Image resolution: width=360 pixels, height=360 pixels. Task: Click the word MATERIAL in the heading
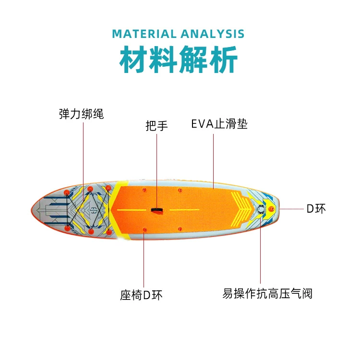pos(144,34)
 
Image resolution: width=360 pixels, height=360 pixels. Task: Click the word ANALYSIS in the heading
pos(212,34)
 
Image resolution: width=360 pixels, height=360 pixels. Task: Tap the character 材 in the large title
pos(134,59)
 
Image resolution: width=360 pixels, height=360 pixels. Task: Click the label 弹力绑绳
pos(81,114)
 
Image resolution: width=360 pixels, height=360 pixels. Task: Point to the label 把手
pos(156,126)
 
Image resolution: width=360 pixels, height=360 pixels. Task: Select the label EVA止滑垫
pos(219,124)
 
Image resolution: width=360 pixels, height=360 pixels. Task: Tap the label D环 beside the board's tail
pos(316,209)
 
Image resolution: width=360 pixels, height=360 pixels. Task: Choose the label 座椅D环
pos(141,295)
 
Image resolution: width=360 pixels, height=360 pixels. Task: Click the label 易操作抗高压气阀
pos(267,294)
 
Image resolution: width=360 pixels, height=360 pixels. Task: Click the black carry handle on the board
pos(157,210)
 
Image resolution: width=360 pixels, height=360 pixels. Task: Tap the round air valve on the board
pos(261,209)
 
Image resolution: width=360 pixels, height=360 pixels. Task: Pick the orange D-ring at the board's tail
pos(272,209)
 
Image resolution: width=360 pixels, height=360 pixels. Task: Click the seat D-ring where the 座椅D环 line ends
pos(144,230)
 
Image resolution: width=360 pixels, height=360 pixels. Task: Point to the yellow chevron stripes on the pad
pos(241,208)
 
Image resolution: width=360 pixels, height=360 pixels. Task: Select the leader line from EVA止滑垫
pos(213,161)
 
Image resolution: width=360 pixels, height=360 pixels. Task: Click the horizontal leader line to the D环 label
pos(291,209)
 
